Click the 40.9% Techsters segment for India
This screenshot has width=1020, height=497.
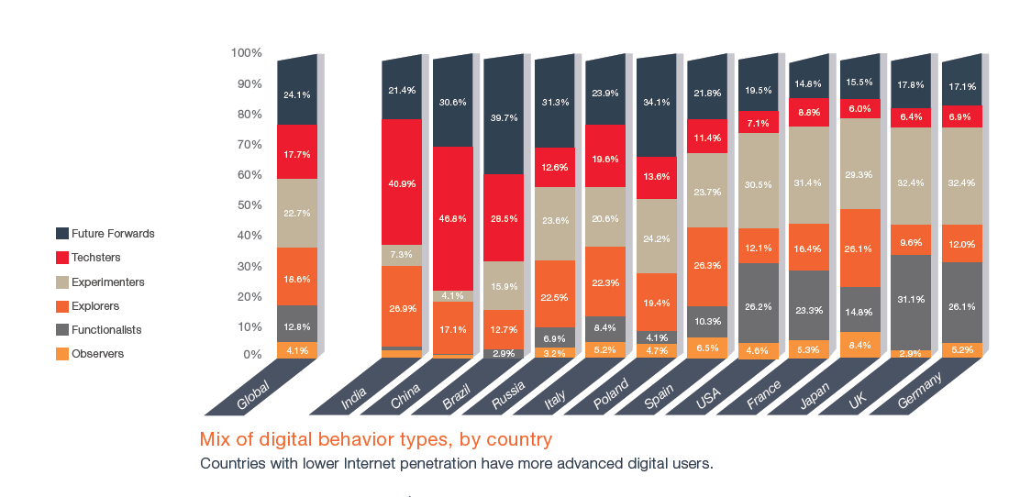point(402,182)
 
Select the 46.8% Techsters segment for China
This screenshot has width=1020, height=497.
point(453,219)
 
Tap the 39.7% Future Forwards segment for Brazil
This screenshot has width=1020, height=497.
point(504,117)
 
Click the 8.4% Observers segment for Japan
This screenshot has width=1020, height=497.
point(859,345)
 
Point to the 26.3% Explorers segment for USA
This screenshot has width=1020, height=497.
point(707,266)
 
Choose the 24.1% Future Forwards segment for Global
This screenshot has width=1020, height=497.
point(297,94)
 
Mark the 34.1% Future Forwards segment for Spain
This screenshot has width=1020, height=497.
point(656,102)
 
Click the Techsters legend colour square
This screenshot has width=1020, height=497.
point(62,258)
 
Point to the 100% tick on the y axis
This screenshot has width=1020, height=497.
point(247,53)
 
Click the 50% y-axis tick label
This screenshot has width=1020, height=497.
point(249,204)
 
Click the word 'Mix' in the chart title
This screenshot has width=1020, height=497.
point(214,439)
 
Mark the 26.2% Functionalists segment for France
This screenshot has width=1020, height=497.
point(758,306)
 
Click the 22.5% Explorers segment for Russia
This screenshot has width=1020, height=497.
point(554,295)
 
